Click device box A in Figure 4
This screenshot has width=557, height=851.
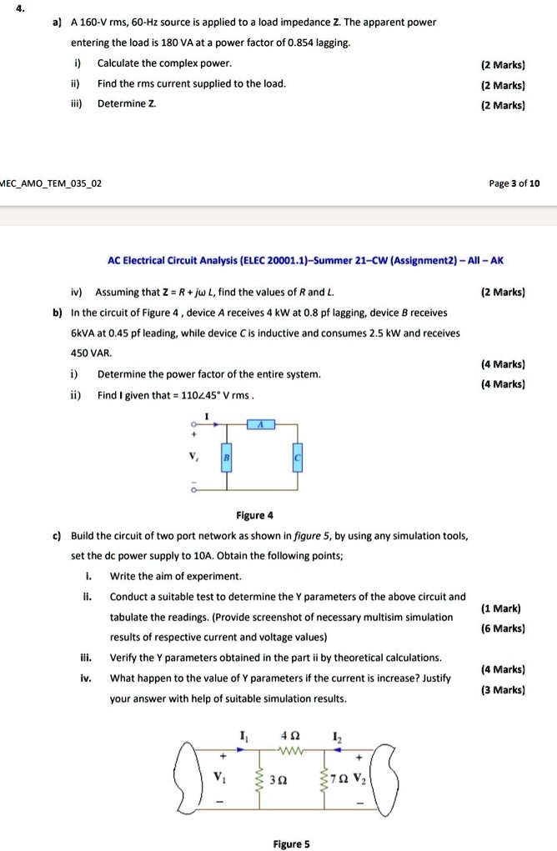click(x=260, y=423)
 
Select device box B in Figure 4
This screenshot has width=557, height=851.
click(x=226, y=458)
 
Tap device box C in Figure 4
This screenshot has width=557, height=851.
click(x=295, y=459)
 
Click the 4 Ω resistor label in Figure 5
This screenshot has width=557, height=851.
click(x=290, y=735)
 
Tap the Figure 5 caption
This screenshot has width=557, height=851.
click(x=293, y=843)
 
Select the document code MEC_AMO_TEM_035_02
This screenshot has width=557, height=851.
click(x=52, y=183)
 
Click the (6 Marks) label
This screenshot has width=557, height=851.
click(x=503, y=628)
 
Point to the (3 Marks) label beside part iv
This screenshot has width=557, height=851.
click(x=503, y=689)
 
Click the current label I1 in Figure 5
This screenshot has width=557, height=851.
click(x=243, y=735)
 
